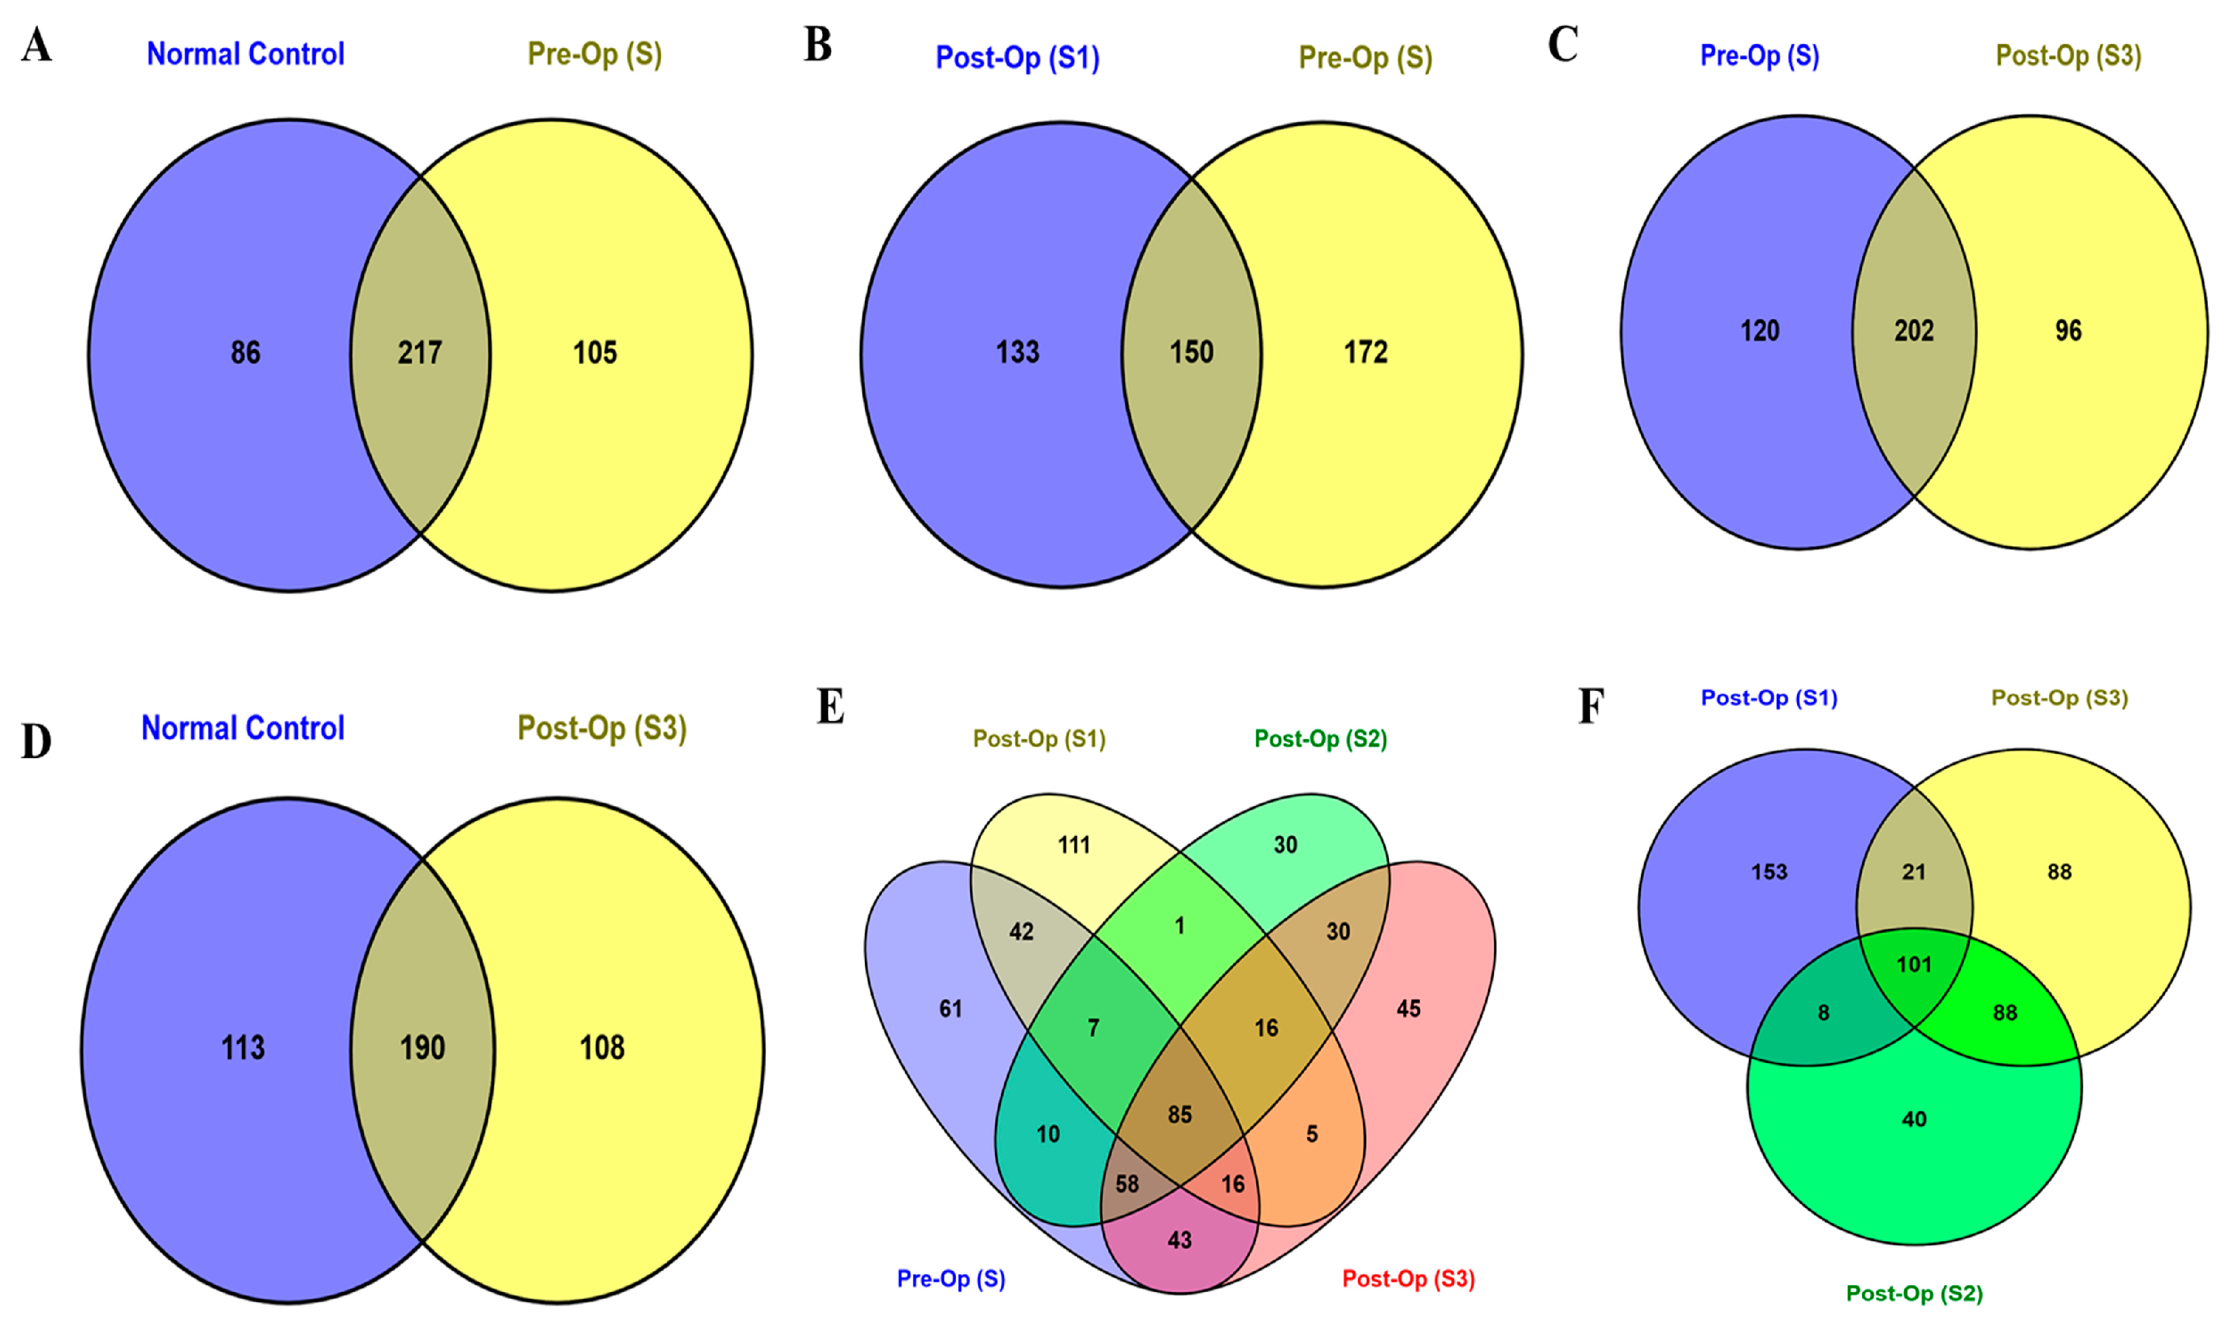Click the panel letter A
pyautogui.click(x=36, y=45)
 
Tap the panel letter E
pyautogui.click(x=830, y=707)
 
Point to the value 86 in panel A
pyautogui.click(x=245, y=352)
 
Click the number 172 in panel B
pyautogui.click(x=1365, y=352)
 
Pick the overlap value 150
pyautogui.click(x=1191, y=352)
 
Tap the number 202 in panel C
pyautogui.click(x=1913, y=331)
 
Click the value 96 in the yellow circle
pyautogui.click(x=2067, y=331)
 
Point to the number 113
pyautogui.click(x=243, y=1047)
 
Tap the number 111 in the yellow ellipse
pyautogui.click(x=1074, y=845)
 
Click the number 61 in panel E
pyautogui.click(x=950, y=1009)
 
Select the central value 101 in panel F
pyautogui.click(x=1914, y=965)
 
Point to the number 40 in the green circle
pyautogui.click(x=1914, y=1119)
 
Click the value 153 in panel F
pyautogui.click(x=1769, y=872)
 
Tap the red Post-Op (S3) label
pyautogui.click(x=1409, y=1278)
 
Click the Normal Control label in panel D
pyautogui.click(x=243, y=728)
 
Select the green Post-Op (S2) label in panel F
pyautogui.click(x=1914, y=1293)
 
